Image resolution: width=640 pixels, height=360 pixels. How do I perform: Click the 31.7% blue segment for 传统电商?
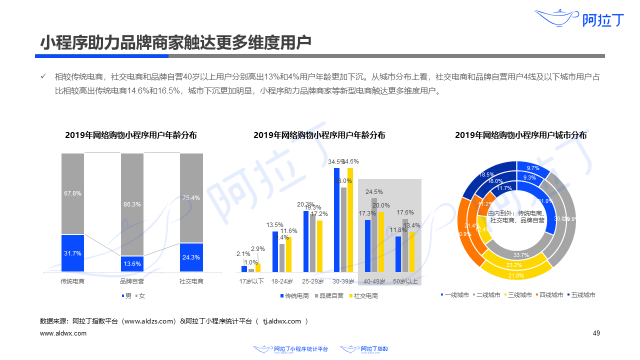(72, 253)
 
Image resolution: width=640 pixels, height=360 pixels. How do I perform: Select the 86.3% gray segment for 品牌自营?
(132, 204)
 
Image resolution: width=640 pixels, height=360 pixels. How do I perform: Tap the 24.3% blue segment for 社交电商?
(191, 257)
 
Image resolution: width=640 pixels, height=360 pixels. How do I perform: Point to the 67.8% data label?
(72, 193)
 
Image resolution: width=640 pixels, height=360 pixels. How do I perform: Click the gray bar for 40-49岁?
(374, 234)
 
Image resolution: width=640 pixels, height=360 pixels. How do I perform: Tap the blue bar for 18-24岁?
(275, 251)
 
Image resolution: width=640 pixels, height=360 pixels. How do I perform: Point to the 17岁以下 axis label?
(251, 281)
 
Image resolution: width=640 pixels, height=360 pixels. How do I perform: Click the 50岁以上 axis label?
(405, 281)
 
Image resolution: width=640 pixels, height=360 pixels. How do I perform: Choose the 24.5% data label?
(374, 192)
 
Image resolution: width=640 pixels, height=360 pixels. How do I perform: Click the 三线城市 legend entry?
(517, 295)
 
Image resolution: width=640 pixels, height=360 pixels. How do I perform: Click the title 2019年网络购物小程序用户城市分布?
(520, 135)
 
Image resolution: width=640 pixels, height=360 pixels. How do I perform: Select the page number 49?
(596, 333)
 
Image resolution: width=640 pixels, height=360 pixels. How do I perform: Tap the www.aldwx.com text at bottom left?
(63, 333)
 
